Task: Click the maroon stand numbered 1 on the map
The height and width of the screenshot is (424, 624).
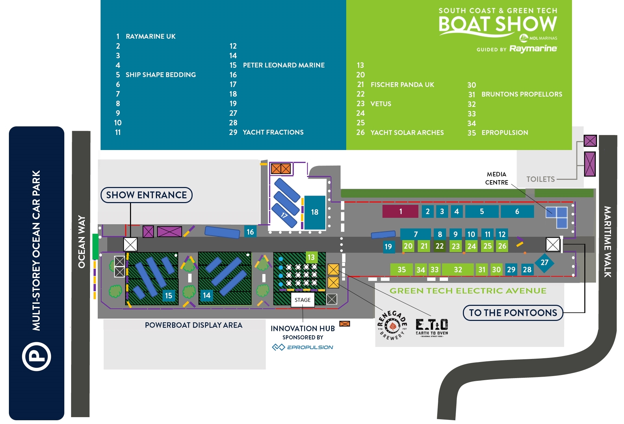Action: pyautogui.click(x=400, y=212)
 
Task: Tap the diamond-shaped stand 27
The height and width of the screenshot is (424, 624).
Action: pyautogui.click(x=544, y=263)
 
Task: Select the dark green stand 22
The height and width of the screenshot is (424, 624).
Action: pyautogui.click(x=440, y=246)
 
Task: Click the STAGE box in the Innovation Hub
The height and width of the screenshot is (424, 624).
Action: pyautogui.click(x=302, y=300)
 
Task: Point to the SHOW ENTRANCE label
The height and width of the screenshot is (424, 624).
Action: pyautogui.click(x=146, y=195)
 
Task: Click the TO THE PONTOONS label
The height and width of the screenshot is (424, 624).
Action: pyautogui.click(x=513, y=313)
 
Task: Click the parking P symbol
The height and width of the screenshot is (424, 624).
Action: pyautogui.click(x=37, y=356)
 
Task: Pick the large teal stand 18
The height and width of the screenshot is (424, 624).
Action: pyautogui.click(x=315, y=212)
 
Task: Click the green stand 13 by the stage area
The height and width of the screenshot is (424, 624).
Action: pyautogui.click(x=311, y=257)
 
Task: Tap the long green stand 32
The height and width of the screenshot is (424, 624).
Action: pyautogui.click(x=458, y=270)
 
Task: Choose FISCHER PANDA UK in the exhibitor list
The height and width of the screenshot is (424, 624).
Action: pyautogui.click(x=402, y=85)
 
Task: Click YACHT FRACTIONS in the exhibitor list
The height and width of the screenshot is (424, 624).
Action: pyautogui.click(x=273, y=132)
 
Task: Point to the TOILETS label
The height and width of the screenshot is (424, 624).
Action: pyautogui.click(x=541, y=179)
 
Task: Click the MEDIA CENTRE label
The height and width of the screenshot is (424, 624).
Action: pyautogui.click(x=496, y=178)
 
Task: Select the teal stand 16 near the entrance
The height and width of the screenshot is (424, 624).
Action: pyautogui.click(x=250, y=232)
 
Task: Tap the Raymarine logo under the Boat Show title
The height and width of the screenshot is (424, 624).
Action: pyautogui.click(x=533, y=49)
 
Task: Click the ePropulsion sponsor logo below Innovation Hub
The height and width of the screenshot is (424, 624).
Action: pyautogui.click(x=302, y=347)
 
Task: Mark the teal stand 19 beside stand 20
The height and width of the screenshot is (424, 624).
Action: pyautogui.click(x=388, y=247)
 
